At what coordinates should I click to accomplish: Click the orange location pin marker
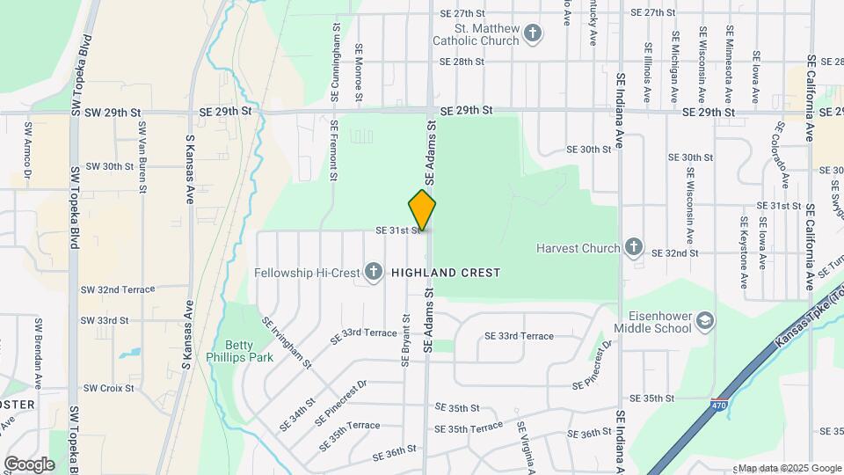click(423, 210)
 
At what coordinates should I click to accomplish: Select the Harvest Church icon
click(634, 247)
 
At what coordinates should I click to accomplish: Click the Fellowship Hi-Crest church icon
click(373, 272)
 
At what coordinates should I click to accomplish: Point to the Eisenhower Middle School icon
click(704, 322)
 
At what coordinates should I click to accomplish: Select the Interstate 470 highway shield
click(717, 405)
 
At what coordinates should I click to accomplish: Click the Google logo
click(29, 464)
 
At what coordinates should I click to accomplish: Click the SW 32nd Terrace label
click(117, 289)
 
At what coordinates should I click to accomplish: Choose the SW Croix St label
click(108, 388)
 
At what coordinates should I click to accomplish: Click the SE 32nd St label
click(674, 252)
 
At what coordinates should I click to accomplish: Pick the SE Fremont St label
click(335, 150)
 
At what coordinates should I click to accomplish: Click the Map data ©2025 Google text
click(789, 468)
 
